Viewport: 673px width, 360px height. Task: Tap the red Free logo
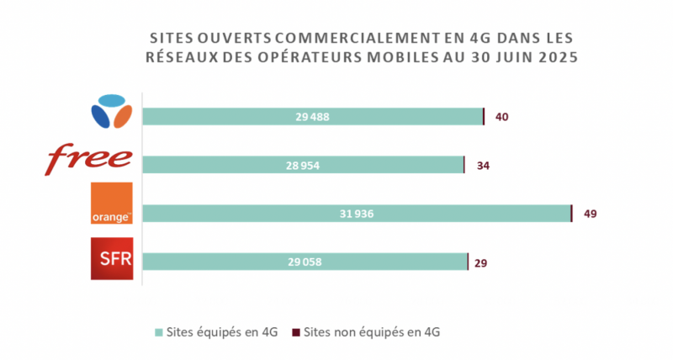90,160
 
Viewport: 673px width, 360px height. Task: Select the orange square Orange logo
110,204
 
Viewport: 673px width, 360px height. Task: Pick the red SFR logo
110,258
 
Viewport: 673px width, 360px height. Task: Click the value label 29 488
312,117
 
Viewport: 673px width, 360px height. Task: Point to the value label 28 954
303,166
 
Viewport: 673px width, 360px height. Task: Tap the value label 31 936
357,214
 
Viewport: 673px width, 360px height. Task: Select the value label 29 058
305,262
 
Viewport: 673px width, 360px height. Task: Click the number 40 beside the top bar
501,117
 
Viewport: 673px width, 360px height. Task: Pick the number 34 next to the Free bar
483,166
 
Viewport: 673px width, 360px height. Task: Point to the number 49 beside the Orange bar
590,214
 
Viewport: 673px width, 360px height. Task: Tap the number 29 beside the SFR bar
481,262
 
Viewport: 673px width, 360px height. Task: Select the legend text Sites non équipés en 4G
371,331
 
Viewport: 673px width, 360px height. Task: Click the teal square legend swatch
161,331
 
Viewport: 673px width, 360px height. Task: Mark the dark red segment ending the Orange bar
571,214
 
